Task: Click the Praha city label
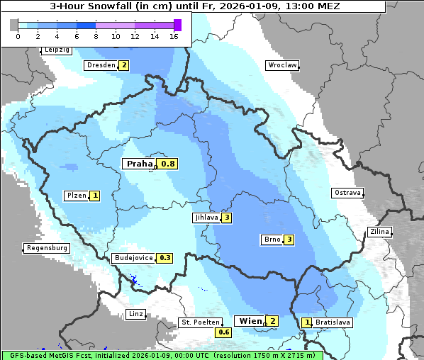click(x=140, y=164)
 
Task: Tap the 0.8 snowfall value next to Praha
click(x=168, y=164)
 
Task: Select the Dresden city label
click(x=100, y=65)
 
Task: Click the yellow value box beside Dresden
click(x=123, y=65)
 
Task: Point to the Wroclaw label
click(x=281, y=65)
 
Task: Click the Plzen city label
click(x=77, y=196)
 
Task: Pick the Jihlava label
click(x=206, y=218)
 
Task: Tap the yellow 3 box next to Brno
click(x=289, y=240)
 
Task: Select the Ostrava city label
click(x=347, y=193)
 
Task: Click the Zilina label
click(x=379, y=232)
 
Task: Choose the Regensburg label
click(x=46, y=248)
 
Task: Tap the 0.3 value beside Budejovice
click(x=165, y=258)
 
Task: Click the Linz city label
click(x=135, y=314)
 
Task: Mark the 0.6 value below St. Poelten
click(x=224, y=332)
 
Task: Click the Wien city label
click(x=250, y=321)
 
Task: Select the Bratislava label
click(x=333, y=322)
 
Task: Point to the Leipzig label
click(x=57, y=50)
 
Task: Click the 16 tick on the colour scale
click(x=174, y=36)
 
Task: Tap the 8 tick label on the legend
click(x=96, y=36)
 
